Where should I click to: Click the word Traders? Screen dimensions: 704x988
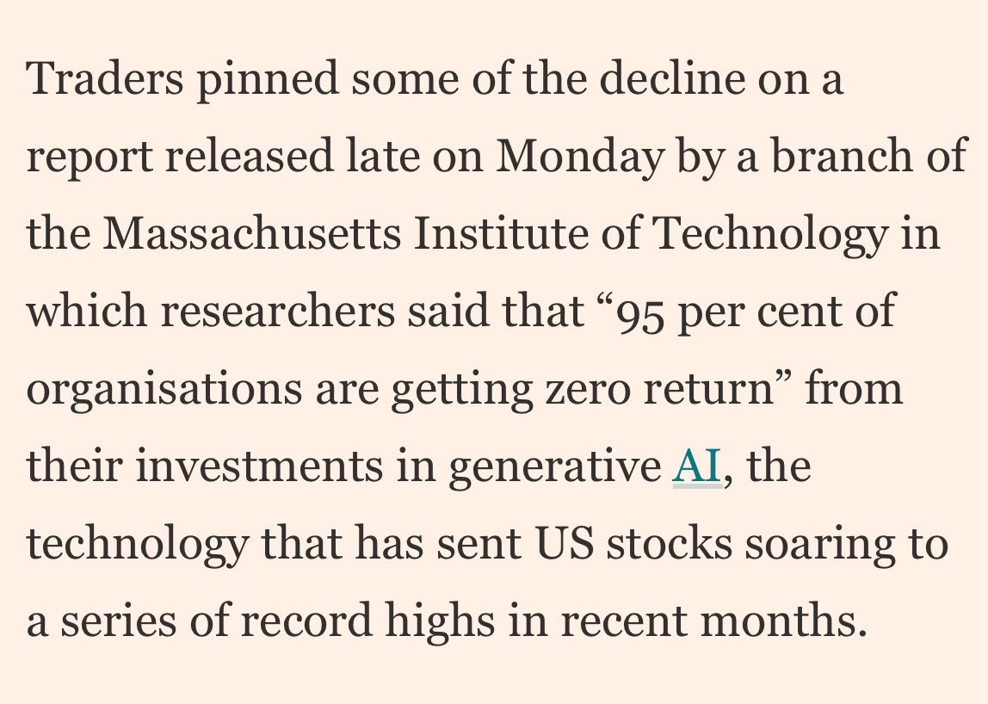click(x=105, y=79)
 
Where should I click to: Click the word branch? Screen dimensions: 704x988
click(x=834, y=157)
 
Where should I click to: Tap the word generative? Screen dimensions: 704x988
click(x=553, y=466)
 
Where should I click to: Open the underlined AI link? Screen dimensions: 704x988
click(x=696, y=466)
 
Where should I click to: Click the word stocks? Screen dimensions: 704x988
click(x=669, y=544)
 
